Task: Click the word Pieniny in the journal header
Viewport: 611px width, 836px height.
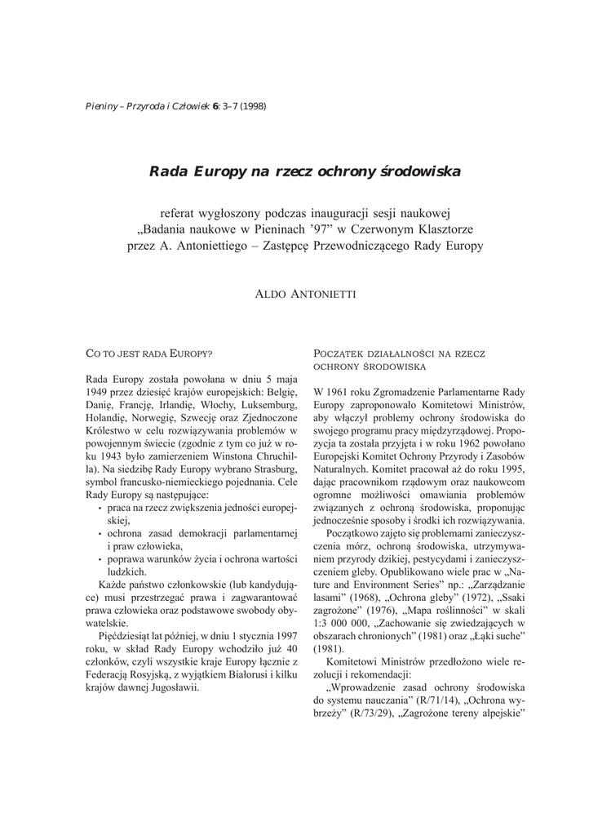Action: pos(101,106)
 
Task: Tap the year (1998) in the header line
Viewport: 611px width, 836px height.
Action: pos(251,106)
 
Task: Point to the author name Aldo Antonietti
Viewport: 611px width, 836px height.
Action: pos(305,291)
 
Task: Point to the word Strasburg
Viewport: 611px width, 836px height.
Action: pos(269,472)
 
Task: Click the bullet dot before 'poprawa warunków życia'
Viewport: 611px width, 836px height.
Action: pos(100,558)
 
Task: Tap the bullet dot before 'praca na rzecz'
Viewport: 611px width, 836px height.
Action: pos(100,507)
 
